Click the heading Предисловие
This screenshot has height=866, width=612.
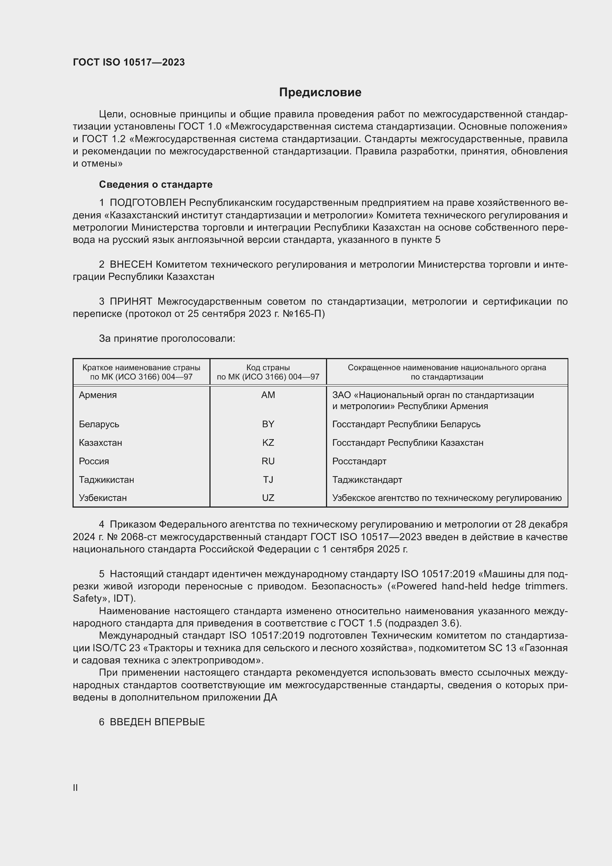coord(320,93)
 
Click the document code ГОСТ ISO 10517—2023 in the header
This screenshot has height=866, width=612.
coord(129,62)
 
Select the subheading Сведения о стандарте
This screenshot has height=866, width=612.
coord(156,184)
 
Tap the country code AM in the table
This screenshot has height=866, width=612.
coord(268,395)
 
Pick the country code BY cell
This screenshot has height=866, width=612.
coord(268,424)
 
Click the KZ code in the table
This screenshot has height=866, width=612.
coord(268,442)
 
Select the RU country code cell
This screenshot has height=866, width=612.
coord(268,461)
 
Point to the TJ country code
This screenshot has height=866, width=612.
coord(268,479)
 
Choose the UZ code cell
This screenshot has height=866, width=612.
coord(268,498)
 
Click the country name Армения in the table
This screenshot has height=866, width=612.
coord(98,395)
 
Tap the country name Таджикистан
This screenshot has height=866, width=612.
coord(106,479)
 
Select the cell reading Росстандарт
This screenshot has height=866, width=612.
coord(359,461)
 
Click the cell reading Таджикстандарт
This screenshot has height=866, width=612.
coord(367,479)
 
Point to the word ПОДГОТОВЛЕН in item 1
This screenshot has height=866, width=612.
coord(148,203)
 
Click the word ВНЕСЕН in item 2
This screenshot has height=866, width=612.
coord(131,264)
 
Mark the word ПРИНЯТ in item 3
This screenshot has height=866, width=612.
coord(131,301)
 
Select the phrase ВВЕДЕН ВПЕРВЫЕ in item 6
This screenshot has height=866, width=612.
coord(157,722)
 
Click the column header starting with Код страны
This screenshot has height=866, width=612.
coord(268,372)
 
